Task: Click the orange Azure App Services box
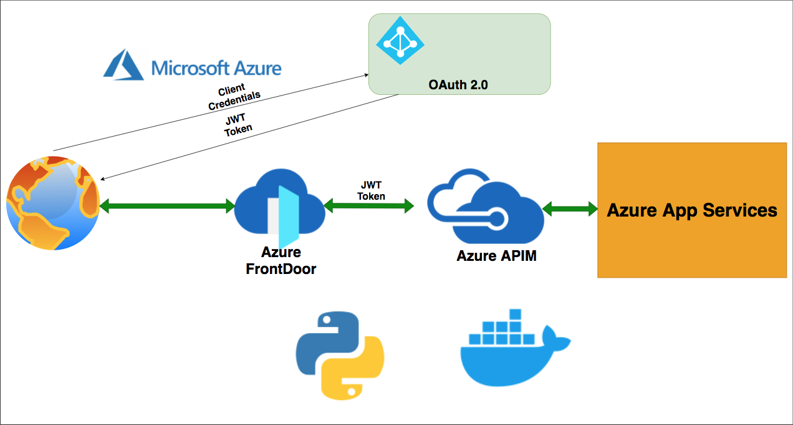point(692,210)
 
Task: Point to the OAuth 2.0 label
point(459,85)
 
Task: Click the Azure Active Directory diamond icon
point(400,39)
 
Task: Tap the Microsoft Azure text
point(216,67)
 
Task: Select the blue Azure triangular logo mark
point(123,65)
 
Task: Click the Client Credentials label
point(233,97)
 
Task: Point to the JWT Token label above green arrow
point(371,190)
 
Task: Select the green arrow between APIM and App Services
point(570,209)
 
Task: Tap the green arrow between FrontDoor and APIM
point(369,204)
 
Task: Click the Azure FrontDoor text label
point(281,261)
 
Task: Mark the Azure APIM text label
point(496,256)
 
